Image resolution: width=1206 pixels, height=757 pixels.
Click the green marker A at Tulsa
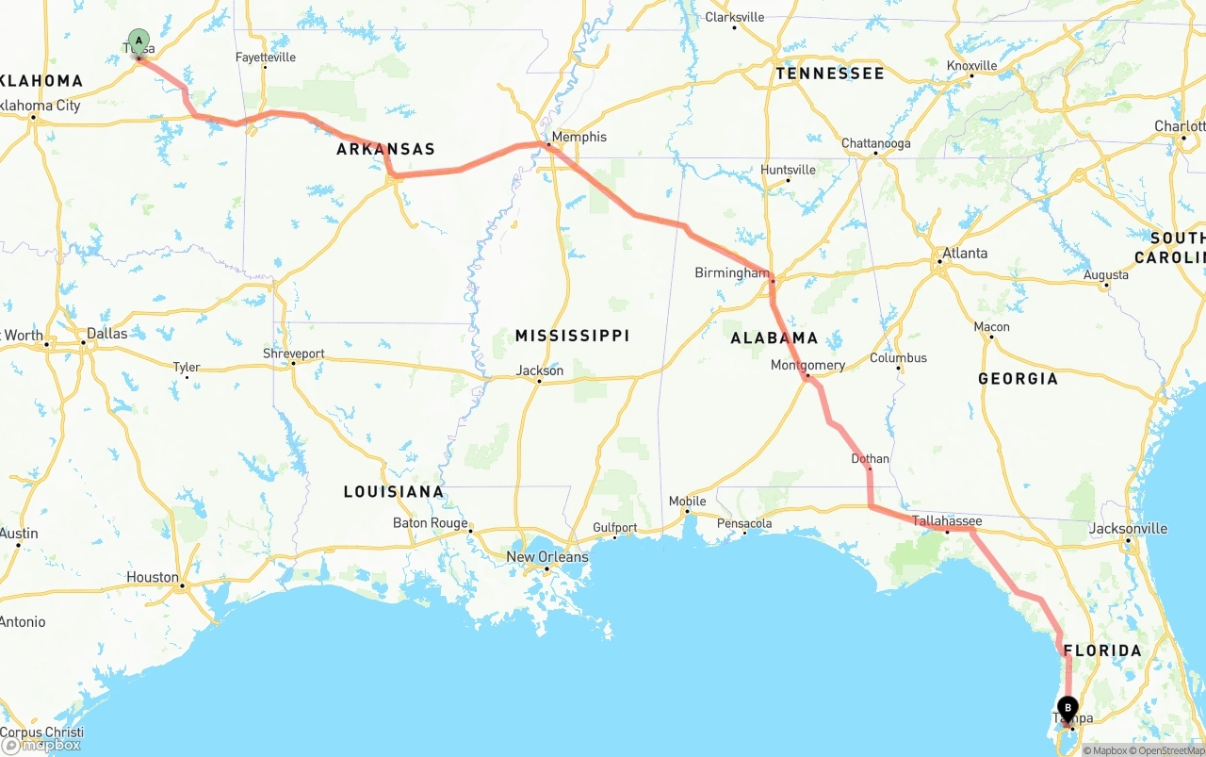139,42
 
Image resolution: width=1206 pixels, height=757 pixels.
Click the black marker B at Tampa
1067,708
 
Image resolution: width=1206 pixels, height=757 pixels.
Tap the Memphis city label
579,137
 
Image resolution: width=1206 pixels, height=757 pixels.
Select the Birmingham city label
732,272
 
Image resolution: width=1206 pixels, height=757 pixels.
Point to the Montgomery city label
807,365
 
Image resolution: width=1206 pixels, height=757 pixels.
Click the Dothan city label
870,459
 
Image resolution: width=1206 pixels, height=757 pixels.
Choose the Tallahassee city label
946,521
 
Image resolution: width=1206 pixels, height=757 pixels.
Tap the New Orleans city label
546,557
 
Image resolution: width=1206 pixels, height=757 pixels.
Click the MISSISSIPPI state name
572,336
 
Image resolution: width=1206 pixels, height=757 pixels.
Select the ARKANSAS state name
385,149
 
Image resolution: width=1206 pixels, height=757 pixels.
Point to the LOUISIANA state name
393,491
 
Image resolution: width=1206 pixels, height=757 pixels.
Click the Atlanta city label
965,253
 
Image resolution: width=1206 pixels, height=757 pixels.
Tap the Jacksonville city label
1128,529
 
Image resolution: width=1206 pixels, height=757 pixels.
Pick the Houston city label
153,577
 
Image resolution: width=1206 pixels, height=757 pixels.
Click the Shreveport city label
293,354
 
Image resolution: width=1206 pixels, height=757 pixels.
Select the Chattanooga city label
875,143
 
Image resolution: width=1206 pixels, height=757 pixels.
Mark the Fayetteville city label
265,58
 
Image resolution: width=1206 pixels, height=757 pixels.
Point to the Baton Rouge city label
430,523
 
